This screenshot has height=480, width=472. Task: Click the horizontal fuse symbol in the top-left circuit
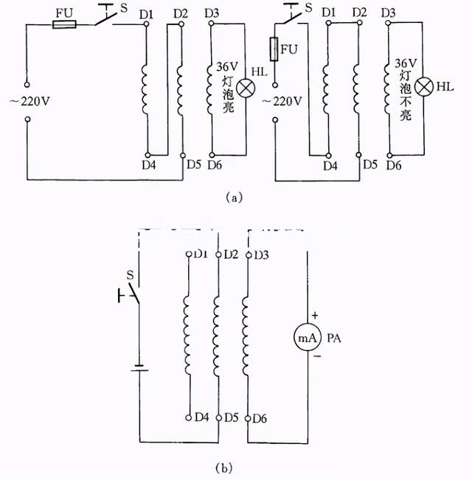pos(63,25)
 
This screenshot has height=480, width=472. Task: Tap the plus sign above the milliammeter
pos(314,315)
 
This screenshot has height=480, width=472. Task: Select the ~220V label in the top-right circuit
pos(280,101)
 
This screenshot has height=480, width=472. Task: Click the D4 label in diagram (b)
pos(202,418)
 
